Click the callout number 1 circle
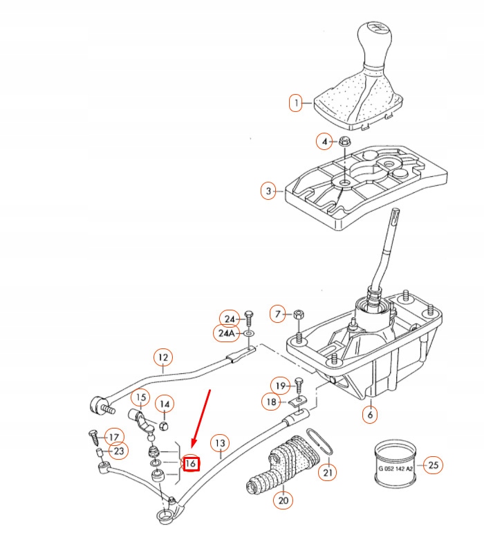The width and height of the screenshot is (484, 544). (296, 104)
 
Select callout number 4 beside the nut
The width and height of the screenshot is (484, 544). (323, 142)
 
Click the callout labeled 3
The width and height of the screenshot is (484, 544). (268, 189)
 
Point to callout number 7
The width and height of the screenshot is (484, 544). (278, 315)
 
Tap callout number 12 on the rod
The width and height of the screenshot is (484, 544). (162, 357)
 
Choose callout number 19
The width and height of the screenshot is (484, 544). (279, 385)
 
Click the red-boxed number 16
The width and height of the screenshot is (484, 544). (190, 463)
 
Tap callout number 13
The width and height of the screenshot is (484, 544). (219, 443)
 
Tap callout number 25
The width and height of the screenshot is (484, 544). (432, 465)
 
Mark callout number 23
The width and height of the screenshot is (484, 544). (119, 451)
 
